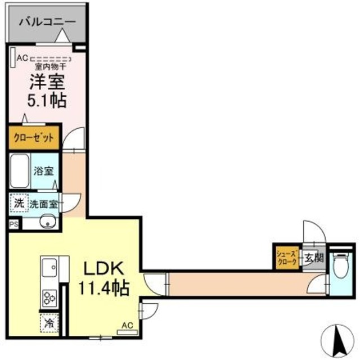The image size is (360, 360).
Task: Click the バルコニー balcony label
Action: pos(47,22)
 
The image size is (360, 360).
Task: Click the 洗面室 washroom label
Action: pos(44,204)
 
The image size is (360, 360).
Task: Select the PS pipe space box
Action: pos(13,224)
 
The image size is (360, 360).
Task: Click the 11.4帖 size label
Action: pos(103,289)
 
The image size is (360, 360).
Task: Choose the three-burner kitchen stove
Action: pos(48,297)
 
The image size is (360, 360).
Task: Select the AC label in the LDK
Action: pos(127,325)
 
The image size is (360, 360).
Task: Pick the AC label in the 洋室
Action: pos(22,57)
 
